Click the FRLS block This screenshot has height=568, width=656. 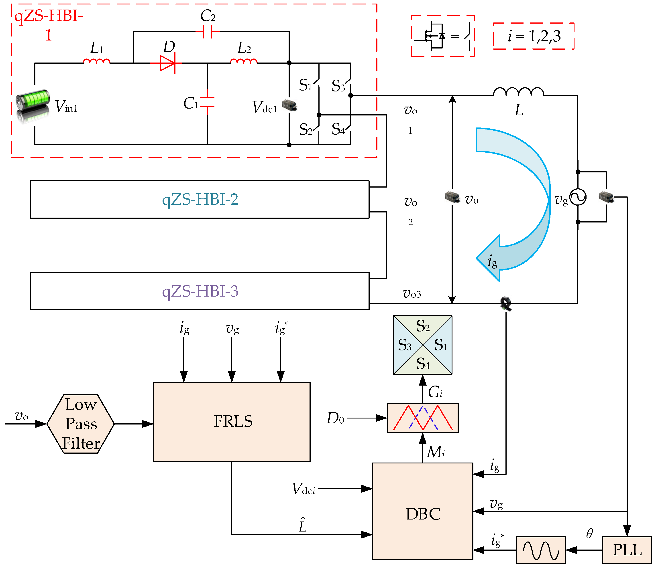click(x=232, y=422)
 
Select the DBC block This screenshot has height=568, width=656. click(x=423, y=514)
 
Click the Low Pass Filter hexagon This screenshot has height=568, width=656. click(x=81, y=424)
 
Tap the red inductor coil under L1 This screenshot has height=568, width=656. click(x=96, y=61)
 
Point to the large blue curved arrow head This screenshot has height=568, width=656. click(x=490, y=258)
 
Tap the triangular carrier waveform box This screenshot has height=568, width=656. click(x=423, y=418)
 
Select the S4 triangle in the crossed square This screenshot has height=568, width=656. click(x=423, y=364)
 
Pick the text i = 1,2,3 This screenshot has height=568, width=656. click(x=534, y=36)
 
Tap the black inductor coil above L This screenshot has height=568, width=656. click(x=518, y=91)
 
